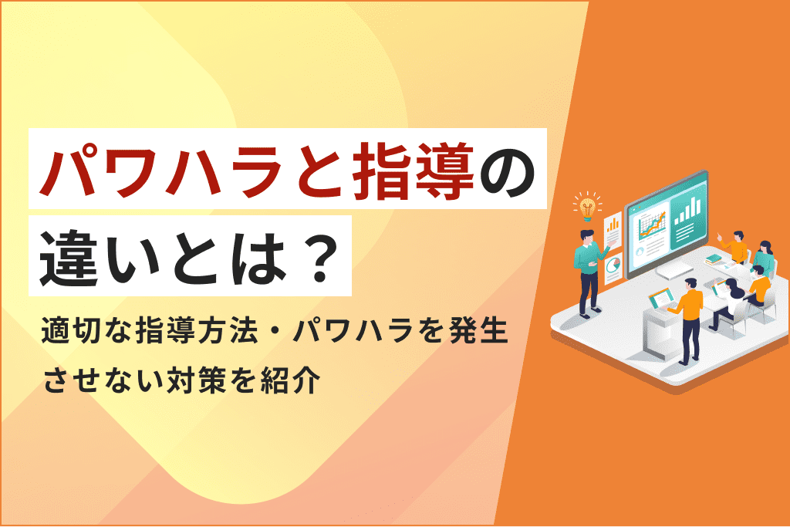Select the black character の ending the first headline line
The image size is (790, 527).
click(x=507, y=171)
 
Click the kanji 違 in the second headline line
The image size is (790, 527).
click(x=69, y=256)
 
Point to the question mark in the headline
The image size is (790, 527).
click(x=319, y=256)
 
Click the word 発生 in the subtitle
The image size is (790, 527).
click(x=478, y=332)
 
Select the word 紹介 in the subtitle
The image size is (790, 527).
click(x=291, y=380)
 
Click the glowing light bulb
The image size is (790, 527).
click(x=587, y=206)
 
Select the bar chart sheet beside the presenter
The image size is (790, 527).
click(x=612, y=230)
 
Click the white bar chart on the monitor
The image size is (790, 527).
click(x=688, y=210)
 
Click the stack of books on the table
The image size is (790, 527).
click(x=714, y=259)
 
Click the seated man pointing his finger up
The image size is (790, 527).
click(x=734, y=247)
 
